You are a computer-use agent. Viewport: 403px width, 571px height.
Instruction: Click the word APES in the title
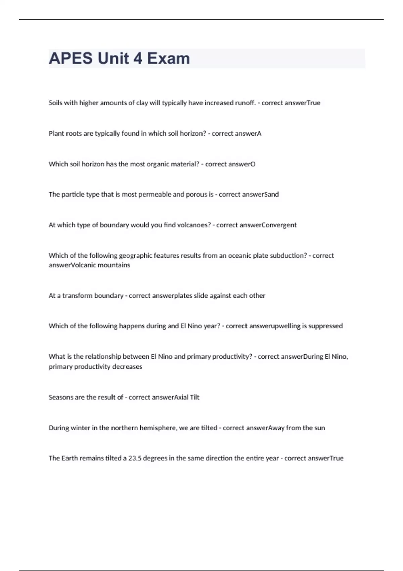point(71,58)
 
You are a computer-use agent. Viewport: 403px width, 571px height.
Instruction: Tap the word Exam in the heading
point(168,58)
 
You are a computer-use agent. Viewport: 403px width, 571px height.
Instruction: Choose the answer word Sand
point(272,195)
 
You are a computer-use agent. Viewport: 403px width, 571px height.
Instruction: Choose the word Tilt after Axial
point(195,397)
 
